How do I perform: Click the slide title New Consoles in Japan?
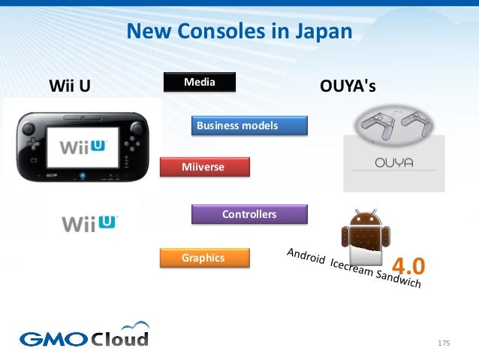pyautogui.click(x=239, y=32)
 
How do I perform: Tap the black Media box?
pyautogui.click(x=199, y=81)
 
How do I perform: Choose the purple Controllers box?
pyautogui.click(x=249, y=214)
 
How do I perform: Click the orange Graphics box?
pyautogui.click(x=203, y=258)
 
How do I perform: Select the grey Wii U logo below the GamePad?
pyautogui.click(x=89, y=222)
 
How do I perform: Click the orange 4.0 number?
pyautogui.click(x=408, y=265)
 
